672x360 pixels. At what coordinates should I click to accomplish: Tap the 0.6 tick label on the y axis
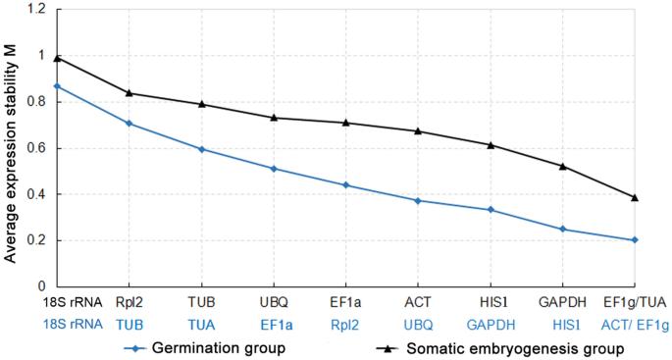click(37, 148)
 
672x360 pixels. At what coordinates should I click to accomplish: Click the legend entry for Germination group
click(202, 347)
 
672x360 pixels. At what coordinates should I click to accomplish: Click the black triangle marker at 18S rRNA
click(57, 59)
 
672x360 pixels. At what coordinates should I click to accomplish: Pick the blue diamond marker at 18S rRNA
click(57, 86)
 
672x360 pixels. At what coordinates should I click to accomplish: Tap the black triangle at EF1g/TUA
click(635, 197)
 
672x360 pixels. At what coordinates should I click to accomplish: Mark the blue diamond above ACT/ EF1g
click(635, 240)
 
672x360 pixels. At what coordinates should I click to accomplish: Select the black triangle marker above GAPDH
click(563, 166)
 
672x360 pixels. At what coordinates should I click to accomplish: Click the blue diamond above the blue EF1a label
click(274, 169)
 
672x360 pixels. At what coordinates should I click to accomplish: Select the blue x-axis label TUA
click(201, 324)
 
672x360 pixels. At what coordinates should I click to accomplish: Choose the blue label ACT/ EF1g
click(635, 324)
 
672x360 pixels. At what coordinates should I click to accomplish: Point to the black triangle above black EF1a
click(346, 123)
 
